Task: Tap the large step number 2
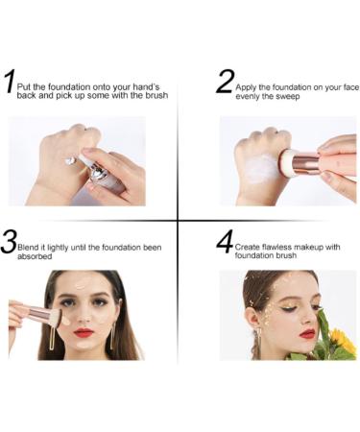[225, 82]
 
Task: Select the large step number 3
[9, 241]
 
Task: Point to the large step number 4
[225, 241]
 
